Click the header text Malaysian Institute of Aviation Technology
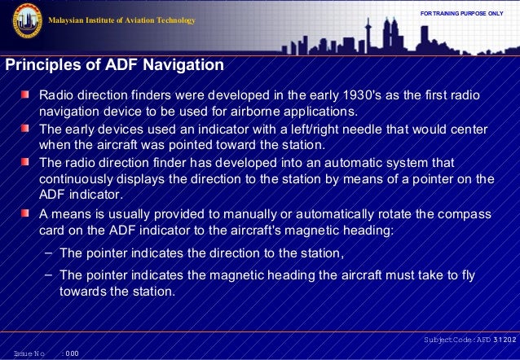123,20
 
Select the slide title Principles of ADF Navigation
114,64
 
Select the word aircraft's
231,230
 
